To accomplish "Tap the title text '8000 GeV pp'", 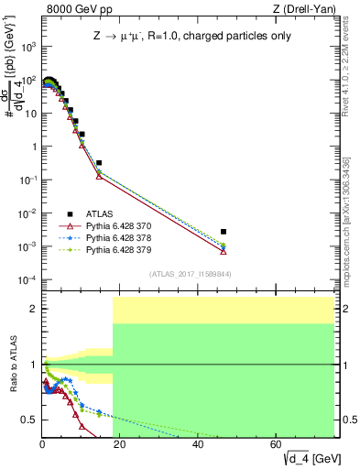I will point(72,10).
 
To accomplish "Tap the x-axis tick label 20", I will point(120,444).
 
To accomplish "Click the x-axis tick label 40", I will point(199,444).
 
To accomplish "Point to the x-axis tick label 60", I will point(278,444).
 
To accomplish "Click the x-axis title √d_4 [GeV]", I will point(293,457).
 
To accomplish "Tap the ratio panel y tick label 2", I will point(34,309).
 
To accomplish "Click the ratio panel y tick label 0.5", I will point(30,420).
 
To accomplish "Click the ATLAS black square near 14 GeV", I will point(99,162).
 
